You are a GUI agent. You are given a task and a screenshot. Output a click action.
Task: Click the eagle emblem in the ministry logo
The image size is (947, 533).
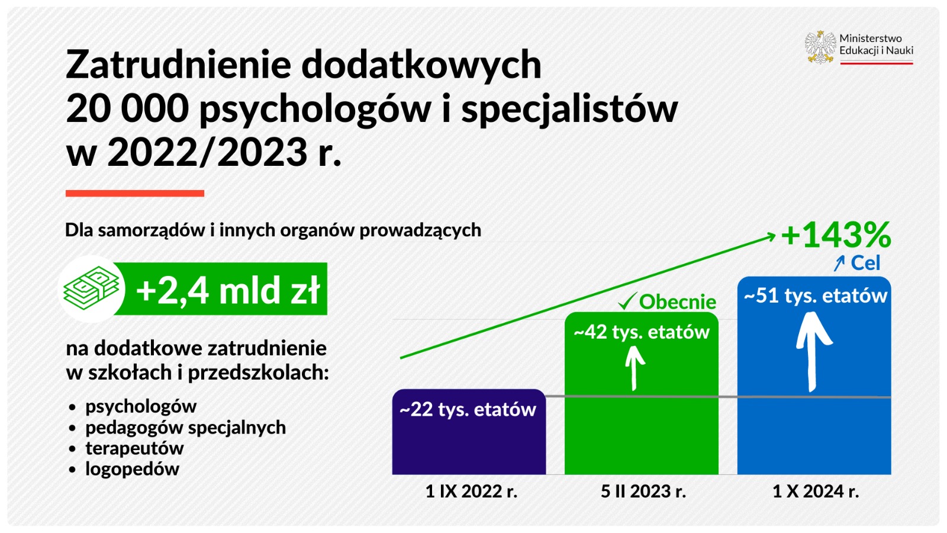click(820, 47)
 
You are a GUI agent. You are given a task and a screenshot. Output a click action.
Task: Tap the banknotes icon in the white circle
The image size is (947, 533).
click(92, 288)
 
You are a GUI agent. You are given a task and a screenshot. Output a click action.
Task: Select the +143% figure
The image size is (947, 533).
click(836, 235)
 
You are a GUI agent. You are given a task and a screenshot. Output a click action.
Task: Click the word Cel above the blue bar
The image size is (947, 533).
click(865, 263)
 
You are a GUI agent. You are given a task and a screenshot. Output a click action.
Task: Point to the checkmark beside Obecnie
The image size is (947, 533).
click(627, 301)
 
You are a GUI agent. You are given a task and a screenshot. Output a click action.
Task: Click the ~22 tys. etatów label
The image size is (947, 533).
click(468, 409)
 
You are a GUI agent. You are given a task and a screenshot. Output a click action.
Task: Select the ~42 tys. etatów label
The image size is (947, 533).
click(642, 332)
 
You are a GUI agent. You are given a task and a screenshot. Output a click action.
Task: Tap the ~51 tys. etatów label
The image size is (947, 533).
click(815, 296)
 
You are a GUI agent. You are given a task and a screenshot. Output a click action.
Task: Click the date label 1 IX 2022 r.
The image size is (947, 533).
click(471, 492)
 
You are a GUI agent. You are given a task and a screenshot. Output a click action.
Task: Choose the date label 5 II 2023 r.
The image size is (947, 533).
click(643, 492)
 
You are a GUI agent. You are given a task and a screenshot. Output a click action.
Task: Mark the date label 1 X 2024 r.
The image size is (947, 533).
click(815, 492)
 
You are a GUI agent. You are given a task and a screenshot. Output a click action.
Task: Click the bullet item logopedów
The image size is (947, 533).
click(132, 469)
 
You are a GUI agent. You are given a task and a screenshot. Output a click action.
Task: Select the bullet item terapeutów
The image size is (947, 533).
click(134, 448)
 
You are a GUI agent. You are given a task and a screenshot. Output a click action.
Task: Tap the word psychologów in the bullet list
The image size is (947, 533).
click(140, 407)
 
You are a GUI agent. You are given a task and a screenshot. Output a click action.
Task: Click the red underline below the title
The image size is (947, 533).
click(135, 193)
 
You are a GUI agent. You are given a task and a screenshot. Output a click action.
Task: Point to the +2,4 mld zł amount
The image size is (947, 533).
click(228, 290)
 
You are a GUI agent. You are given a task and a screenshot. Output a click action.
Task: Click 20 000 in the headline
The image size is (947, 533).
click(127, 108)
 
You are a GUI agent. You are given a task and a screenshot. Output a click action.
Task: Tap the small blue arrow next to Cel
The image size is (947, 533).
click(839, 263)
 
